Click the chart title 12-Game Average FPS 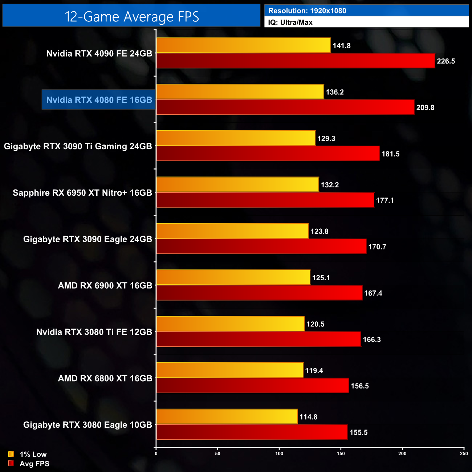pos(131,17)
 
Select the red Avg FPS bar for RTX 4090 pos(296,61)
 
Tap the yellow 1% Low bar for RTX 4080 pos(240,91)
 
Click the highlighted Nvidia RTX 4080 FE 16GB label pos(99,100)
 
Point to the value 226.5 pos(446,61)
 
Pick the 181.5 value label pos(390,154)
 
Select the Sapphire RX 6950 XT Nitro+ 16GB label pos(82,193)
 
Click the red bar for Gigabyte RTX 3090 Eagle pos(261,246)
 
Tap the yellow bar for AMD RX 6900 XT pos(233,277)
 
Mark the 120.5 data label pos(315,324)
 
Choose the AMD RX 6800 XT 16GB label pos(105,378)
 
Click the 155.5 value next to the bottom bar pos(358,432)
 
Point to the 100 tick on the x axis pos(279,453)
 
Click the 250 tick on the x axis pos(464,453)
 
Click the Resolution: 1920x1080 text pos(307,11)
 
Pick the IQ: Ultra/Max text pos(290,23)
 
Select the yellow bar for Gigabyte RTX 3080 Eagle pos(227,416)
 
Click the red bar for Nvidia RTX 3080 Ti pos(259,339)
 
